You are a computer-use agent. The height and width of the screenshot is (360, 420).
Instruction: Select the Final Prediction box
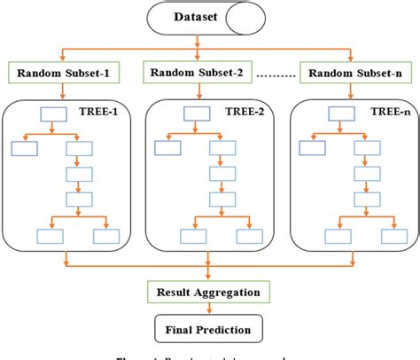click(209, 328)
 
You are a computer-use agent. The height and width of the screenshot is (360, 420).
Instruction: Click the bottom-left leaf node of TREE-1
click(49, 237)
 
